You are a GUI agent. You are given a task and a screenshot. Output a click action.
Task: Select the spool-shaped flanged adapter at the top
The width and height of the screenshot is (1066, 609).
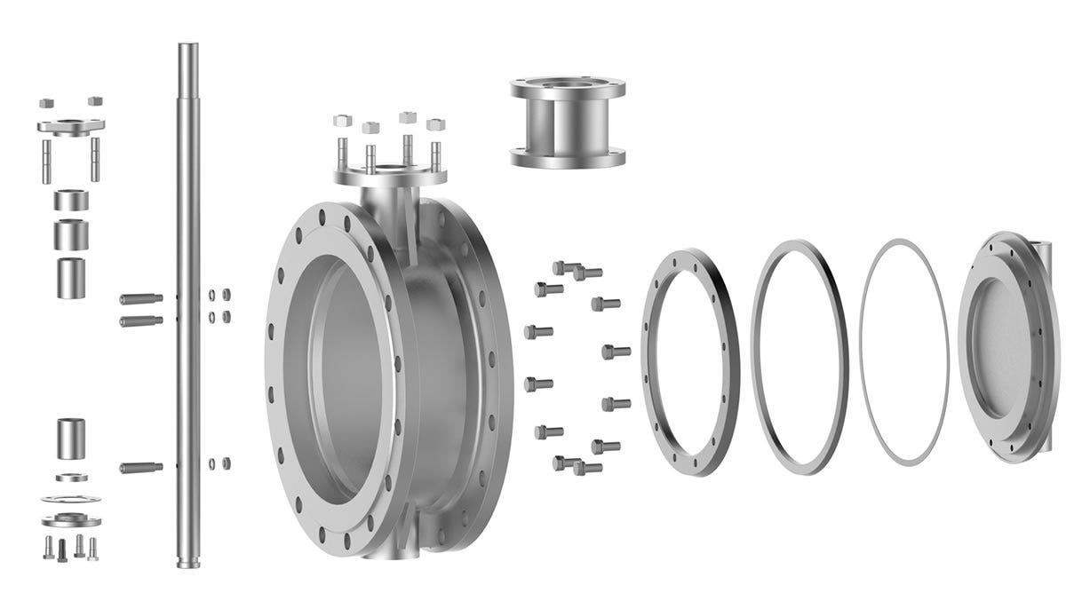point(568,124)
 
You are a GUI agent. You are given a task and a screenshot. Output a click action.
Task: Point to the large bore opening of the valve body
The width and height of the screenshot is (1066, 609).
point(346,373)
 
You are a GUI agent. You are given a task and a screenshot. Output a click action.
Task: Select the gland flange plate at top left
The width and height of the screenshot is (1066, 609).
point(71,125)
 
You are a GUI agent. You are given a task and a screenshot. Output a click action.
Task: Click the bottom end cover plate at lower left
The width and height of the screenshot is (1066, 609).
point(71,518)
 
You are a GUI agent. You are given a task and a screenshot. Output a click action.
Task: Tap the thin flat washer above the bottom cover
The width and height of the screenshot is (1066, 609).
point(71,498)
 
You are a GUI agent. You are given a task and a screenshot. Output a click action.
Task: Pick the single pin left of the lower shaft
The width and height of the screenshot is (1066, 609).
point(140,467)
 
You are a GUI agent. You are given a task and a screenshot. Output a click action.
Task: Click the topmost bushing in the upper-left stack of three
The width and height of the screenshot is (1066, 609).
point(71,200)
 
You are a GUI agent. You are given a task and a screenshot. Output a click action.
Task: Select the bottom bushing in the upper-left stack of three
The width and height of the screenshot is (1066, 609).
point(71,277)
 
